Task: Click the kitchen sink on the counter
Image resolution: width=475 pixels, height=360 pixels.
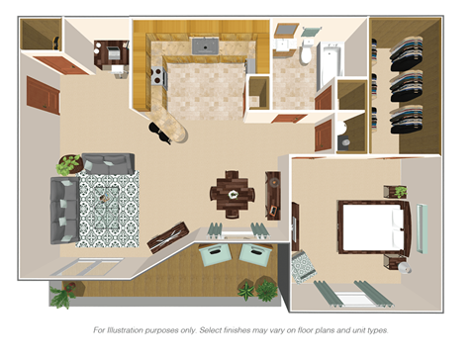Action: pos(206,45)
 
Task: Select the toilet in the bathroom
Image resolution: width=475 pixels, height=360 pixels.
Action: pos(307,54)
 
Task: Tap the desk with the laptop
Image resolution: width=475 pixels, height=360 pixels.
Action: pos(112,54)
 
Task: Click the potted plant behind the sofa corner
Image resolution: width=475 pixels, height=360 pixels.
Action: pos(69,164)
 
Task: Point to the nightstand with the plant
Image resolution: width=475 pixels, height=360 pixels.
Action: pos(399,192)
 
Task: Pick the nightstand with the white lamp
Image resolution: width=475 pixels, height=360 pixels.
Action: pos(404,262)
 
